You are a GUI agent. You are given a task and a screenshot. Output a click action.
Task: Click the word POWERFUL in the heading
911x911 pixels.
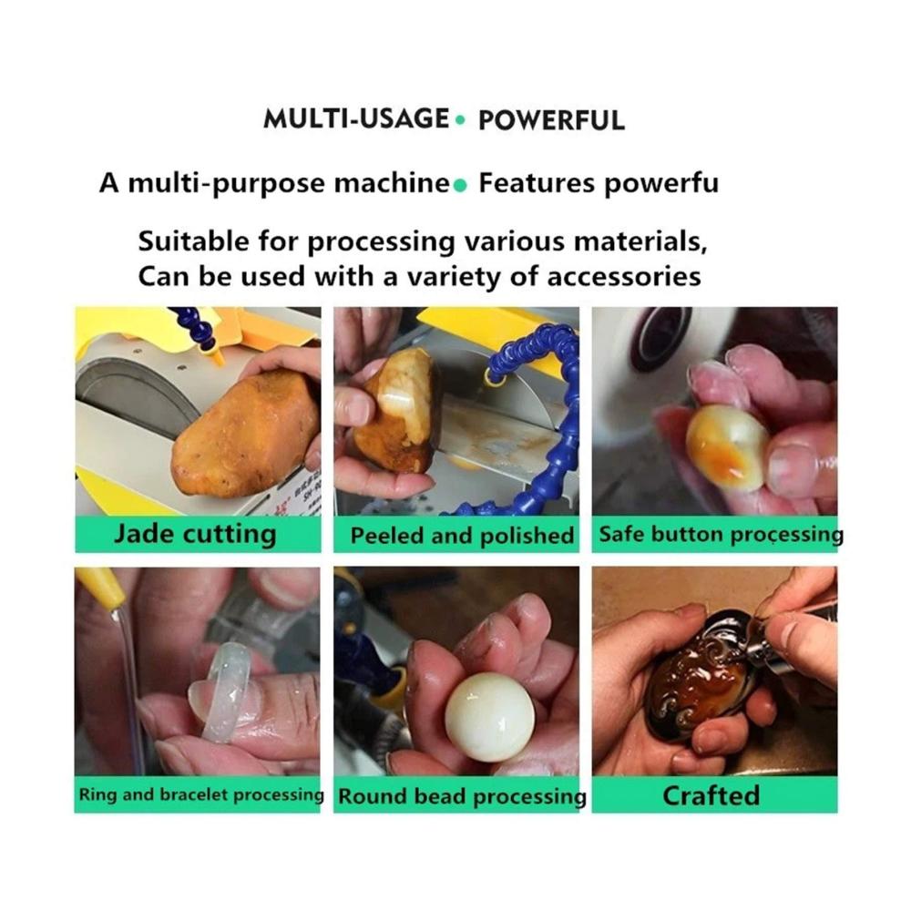click(x=551, y=120)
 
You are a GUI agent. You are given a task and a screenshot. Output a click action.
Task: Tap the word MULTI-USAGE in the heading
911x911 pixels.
click(x=356, y=118)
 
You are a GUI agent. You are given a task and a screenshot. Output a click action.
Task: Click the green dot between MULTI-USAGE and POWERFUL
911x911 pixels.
click(x=461, y=120)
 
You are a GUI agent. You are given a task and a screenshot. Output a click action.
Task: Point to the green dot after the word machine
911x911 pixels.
click(x=459, y=185)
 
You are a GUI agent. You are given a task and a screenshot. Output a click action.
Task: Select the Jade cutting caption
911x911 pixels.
click(x=195, y=533)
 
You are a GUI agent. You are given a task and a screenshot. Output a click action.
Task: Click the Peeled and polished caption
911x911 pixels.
click(x=462, y=535)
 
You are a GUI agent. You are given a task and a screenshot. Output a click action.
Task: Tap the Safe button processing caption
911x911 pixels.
click(x=721, y=534)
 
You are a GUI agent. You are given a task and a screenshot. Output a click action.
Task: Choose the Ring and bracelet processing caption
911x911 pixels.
click(x=201, y=794)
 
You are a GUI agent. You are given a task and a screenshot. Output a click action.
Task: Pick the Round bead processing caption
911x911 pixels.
click(x=462, y=796)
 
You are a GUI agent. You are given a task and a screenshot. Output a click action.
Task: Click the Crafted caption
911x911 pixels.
click(x=711, y=795)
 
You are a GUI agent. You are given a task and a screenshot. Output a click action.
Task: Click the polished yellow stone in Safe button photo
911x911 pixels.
click(x=727, y=446)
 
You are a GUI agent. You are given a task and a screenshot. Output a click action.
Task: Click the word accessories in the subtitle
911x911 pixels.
click(x=623, y=276)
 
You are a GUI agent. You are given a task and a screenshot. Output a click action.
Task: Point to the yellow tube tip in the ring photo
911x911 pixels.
click(x=105, y=588)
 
